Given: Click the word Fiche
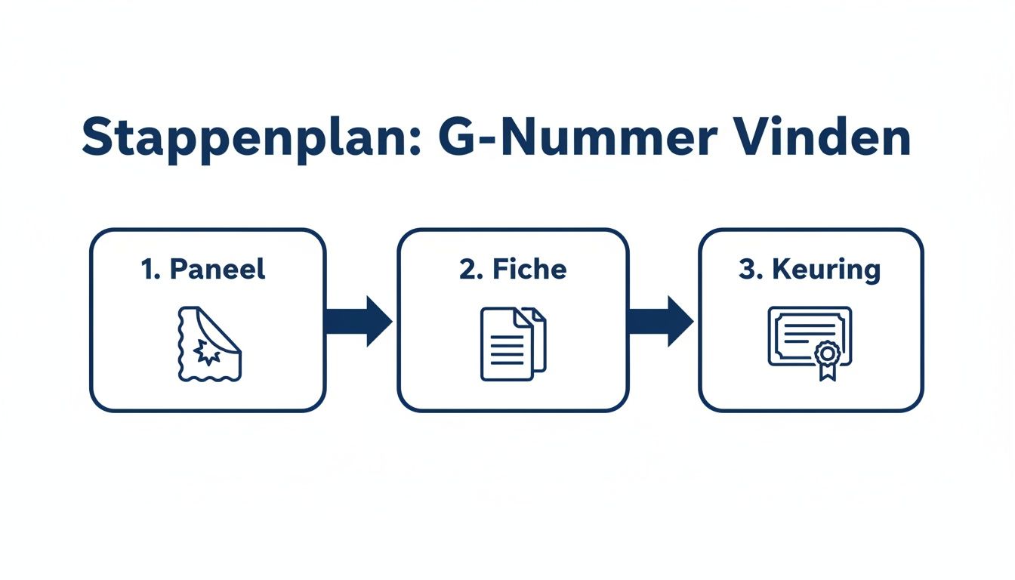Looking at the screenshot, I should tap(528, 270).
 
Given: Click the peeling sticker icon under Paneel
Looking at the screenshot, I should tap(208, 344).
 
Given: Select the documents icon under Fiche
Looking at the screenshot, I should tap(513, 344).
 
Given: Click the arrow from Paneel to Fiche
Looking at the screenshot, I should tap(358, 321).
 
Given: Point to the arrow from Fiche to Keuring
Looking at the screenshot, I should tap(660, 321).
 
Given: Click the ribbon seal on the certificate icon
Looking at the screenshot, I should tap(828, 358).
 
